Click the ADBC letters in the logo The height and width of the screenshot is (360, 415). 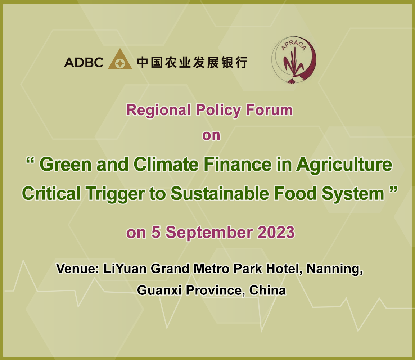84,63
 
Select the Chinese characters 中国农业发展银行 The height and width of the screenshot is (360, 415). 192,63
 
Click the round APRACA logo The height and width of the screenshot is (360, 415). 294,60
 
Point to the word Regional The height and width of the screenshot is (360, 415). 158,111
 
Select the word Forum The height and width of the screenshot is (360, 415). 269,110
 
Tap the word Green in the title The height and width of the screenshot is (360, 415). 66,165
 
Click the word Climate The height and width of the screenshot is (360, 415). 166,165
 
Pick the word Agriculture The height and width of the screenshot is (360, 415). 344,165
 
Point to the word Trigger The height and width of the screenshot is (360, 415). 115,194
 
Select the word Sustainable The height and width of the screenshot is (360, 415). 220,194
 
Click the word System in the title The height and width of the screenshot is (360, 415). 353,194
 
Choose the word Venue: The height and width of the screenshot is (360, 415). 77,269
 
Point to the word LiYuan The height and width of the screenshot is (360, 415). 125,269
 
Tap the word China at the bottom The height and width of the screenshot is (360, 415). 267,291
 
